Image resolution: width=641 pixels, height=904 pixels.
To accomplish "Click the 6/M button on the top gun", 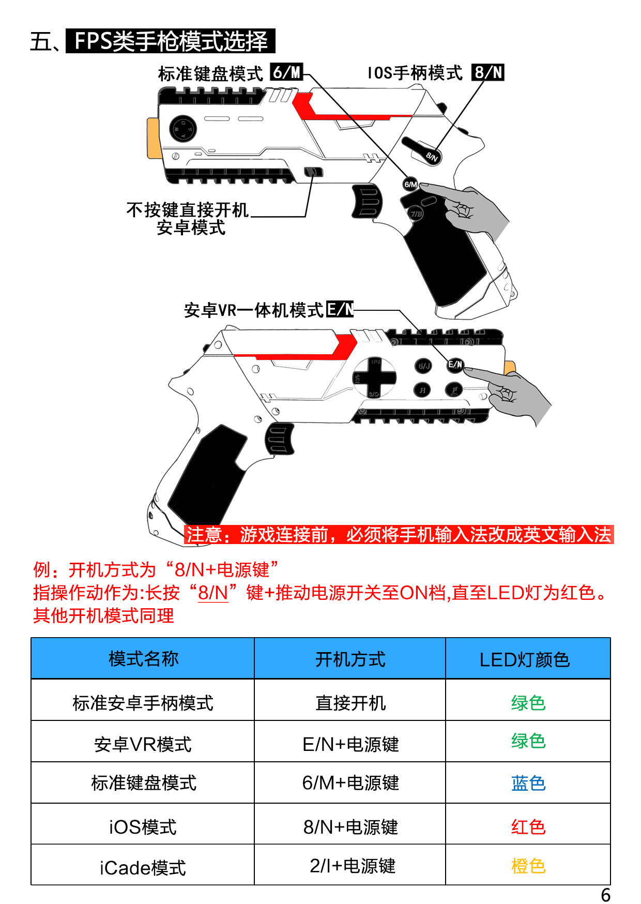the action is coord(410,184).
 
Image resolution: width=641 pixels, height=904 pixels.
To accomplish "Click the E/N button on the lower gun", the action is coord(455,365).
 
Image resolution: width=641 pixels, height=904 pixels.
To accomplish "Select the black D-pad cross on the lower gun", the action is coord(375,377).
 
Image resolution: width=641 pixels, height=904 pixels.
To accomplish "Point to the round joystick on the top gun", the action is coord(183,128).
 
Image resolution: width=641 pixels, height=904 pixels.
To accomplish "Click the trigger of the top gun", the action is coord(367,201).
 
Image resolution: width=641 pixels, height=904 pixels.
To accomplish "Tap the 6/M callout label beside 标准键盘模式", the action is coord(287,72).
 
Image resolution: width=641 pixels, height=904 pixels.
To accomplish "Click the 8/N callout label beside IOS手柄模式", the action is coord(488,72).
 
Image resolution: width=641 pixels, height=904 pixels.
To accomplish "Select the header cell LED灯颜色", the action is coord(528,658).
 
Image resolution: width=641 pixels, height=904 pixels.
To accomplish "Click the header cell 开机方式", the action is coord(350,658).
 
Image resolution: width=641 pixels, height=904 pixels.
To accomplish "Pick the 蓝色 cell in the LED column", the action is coord(528,783).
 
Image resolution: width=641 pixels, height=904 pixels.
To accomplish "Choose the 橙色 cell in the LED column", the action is coord(528,866).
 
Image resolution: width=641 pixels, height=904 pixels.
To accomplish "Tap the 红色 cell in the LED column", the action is coord(528,826).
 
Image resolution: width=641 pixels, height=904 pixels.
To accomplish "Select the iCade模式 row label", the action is coord(143,868).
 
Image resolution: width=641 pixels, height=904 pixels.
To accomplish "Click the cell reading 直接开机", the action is coord(350,703).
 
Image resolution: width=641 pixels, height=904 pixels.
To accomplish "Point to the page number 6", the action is coord(605,895).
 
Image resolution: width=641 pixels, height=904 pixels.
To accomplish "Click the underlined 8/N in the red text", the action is coord(213,593).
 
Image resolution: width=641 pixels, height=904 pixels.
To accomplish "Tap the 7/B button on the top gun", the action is coord(416,213).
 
